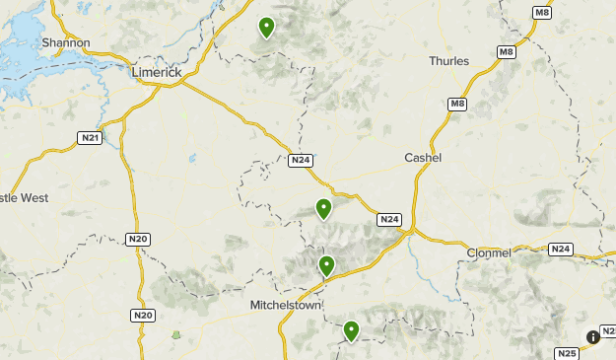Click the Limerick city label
159,72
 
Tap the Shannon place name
66,43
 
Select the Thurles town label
448,61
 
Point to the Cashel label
423,158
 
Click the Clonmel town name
489,252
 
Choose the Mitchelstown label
286,305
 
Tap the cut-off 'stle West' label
24,198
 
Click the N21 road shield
89,140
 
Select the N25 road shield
567,353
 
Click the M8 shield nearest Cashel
456,104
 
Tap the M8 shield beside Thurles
506,52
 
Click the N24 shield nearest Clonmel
560,249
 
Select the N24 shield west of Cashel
301,161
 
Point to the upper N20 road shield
137,239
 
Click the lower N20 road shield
143,315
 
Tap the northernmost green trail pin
266,27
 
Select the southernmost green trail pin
351,330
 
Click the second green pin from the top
323,208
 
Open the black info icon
593,336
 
